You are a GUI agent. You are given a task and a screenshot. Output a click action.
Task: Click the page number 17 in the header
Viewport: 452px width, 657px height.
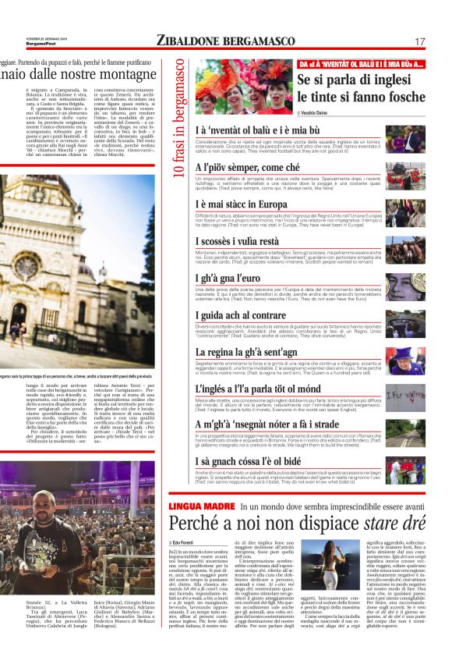tap(419, 41)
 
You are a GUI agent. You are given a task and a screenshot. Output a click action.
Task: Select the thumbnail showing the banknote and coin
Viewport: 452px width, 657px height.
tap(405, 282)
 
